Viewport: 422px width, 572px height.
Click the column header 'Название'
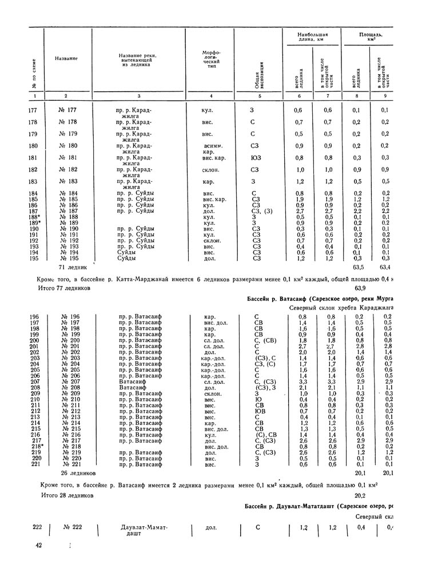66,59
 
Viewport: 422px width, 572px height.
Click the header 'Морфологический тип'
208,59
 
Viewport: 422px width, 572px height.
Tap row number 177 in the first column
35,110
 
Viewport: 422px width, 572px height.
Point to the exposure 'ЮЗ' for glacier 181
254,157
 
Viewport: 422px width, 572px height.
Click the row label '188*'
36,217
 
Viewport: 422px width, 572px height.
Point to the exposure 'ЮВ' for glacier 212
259,410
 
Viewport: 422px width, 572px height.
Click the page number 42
39,546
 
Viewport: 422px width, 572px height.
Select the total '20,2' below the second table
360,495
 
